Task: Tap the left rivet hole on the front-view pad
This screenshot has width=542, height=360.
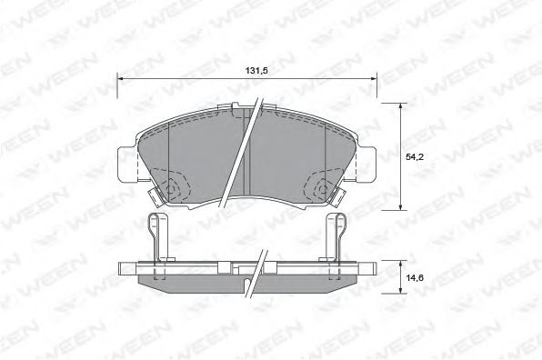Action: pyautogui.click(x=172, y=189)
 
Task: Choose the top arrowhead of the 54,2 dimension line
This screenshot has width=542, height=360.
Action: pyautogui.click(x=403, y=107)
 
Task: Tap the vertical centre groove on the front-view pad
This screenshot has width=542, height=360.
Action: pyautogui.click(x=246, y=173)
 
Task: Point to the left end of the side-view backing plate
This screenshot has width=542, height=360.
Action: pyautogui.click(x=125, y=266)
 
